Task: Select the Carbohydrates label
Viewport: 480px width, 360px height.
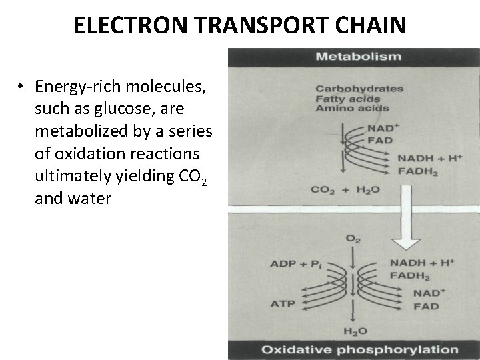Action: coord(359,89)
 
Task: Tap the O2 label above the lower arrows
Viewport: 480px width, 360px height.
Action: coord(351,239)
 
